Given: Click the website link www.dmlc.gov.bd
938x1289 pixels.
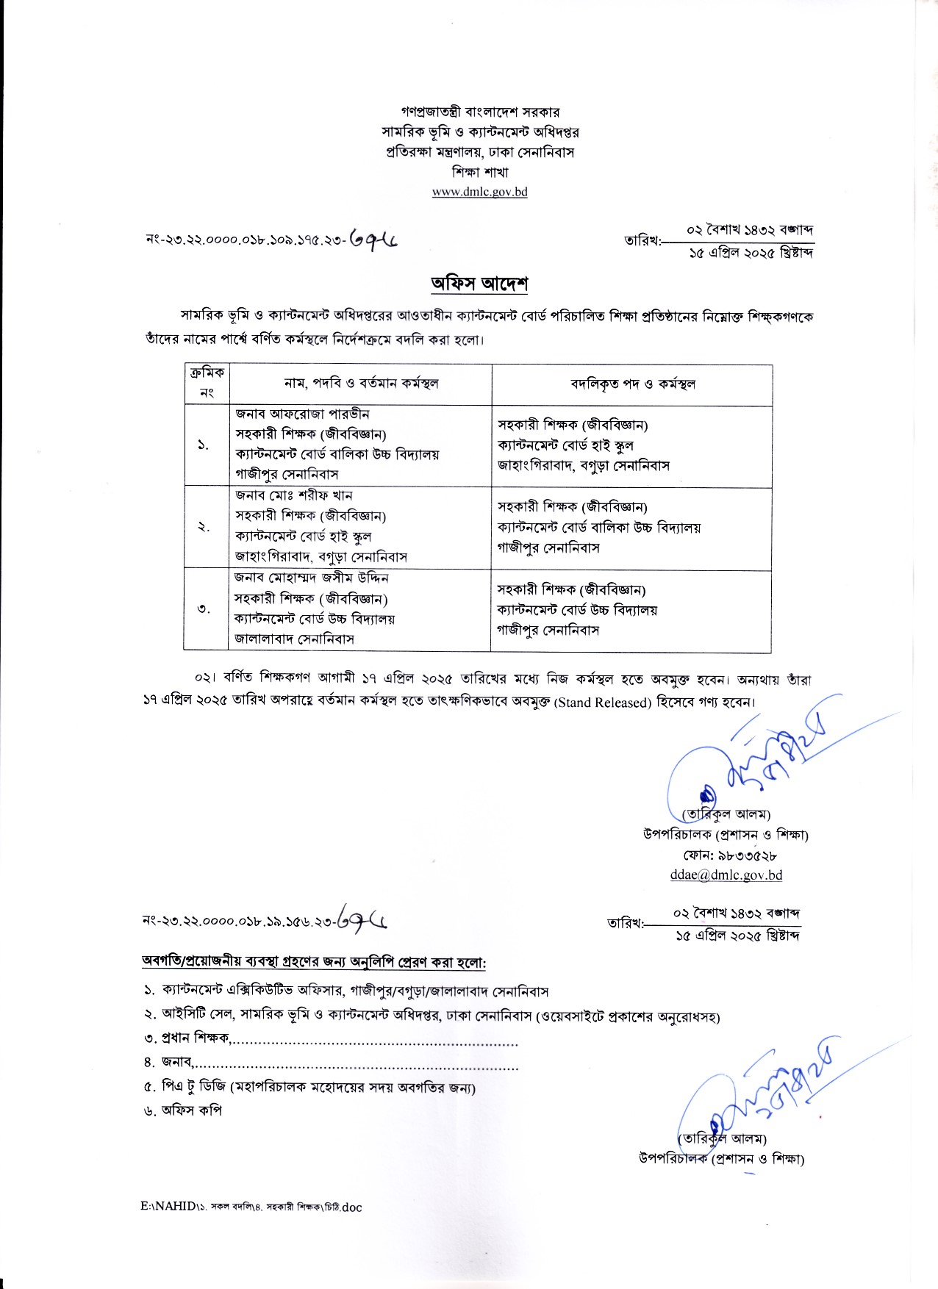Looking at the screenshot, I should coord(479,193).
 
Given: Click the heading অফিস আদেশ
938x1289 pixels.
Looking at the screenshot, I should coord(479,284).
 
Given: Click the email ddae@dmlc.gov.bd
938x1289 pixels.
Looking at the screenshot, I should coord(726,875).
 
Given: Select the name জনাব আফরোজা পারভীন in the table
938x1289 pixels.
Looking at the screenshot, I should coord(302,414).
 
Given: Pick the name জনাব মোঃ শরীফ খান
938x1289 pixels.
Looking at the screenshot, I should coord(294,496).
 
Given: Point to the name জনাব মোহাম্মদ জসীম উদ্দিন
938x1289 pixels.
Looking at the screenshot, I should coord(311,578).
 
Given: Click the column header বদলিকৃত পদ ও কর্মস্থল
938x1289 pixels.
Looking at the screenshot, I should coord(632,384).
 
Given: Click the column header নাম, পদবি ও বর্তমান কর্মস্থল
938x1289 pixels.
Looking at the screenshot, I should coord(361,383).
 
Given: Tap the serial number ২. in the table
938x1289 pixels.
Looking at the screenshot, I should coord(204,527).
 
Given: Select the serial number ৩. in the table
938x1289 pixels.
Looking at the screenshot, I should coord(204,609).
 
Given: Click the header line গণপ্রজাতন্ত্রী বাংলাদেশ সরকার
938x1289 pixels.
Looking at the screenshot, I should coord(479,112).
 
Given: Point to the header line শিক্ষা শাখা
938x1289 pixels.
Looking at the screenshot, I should coord(479,173).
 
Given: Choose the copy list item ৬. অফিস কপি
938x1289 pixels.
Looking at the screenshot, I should coord(183,1110).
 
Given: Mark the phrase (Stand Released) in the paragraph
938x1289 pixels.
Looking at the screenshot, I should coord(603,703).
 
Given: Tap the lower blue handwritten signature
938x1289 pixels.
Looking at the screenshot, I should coord(757,1095).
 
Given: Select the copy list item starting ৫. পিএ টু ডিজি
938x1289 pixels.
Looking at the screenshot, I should coord(309,1087).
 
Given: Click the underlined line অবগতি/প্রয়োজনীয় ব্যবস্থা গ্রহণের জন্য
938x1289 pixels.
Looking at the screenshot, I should coord(314,962).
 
